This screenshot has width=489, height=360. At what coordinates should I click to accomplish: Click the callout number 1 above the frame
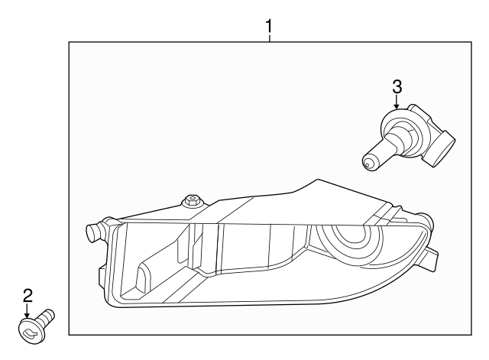coord(268,27)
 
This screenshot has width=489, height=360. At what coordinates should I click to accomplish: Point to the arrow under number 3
coord(397,104)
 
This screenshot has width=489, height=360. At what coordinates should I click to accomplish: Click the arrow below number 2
coord(28,311)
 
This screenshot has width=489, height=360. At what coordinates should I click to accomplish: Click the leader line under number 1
coord(268,38)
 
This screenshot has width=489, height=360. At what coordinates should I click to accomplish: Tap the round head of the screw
coord(29,329)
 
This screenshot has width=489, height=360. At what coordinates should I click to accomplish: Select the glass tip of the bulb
coord(368,161)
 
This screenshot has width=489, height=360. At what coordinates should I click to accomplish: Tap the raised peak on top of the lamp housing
coord(315,183)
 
